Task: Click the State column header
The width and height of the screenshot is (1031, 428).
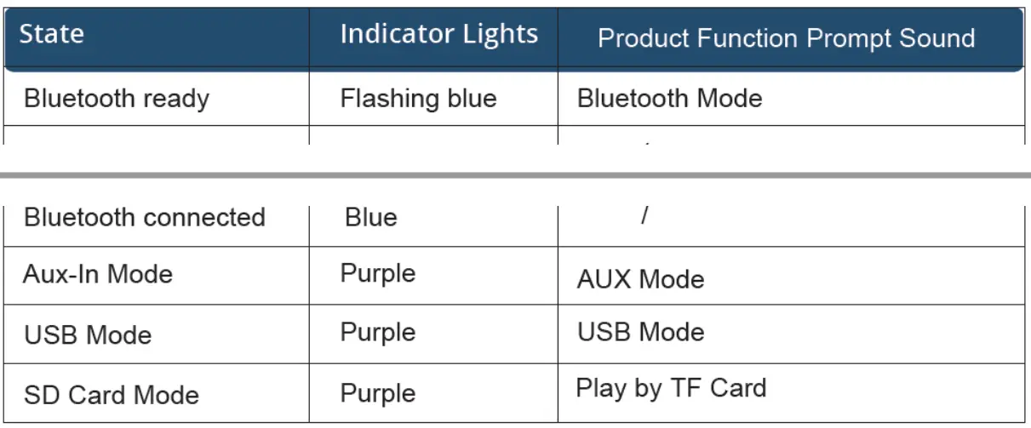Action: [x=52, y=35]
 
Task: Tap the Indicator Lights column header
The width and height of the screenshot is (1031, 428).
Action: [x=438, y=35]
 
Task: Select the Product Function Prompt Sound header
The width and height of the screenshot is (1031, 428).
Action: [x=786, y=38]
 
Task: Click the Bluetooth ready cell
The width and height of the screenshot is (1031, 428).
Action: [x=117, y=99]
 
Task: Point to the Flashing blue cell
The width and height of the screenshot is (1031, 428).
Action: [x=418, y=99]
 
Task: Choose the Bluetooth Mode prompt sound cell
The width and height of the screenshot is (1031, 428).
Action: [x=669, y=99]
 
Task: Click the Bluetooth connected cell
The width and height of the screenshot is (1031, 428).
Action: [x=145, y=218]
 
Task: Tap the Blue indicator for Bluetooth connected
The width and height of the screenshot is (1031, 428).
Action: [x=371, y=218]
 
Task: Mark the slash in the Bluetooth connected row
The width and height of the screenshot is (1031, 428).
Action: [x=645, y=216]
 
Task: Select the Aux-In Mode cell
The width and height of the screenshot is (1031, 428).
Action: [x=98, y=275]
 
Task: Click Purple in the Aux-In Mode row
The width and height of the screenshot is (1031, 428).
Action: [x=378, y=275]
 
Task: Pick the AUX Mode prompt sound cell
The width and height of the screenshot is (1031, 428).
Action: [x=640, y=280]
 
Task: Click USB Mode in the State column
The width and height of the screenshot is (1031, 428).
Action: [x=88, y=334]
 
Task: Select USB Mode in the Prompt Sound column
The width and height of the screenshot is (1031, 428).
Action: [x=640, y=332]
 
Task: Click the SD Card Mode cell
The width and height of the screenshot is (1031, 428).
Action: [x=112, y=395]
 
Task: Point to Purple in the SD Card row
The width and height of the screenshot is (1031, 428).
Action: [x=378, y=394]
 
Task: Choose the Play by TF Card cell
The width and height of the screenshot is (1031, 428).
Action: [x=671, y=389]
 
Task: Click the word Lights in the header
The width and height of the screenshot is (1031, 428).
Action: [x=501, y=35]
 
